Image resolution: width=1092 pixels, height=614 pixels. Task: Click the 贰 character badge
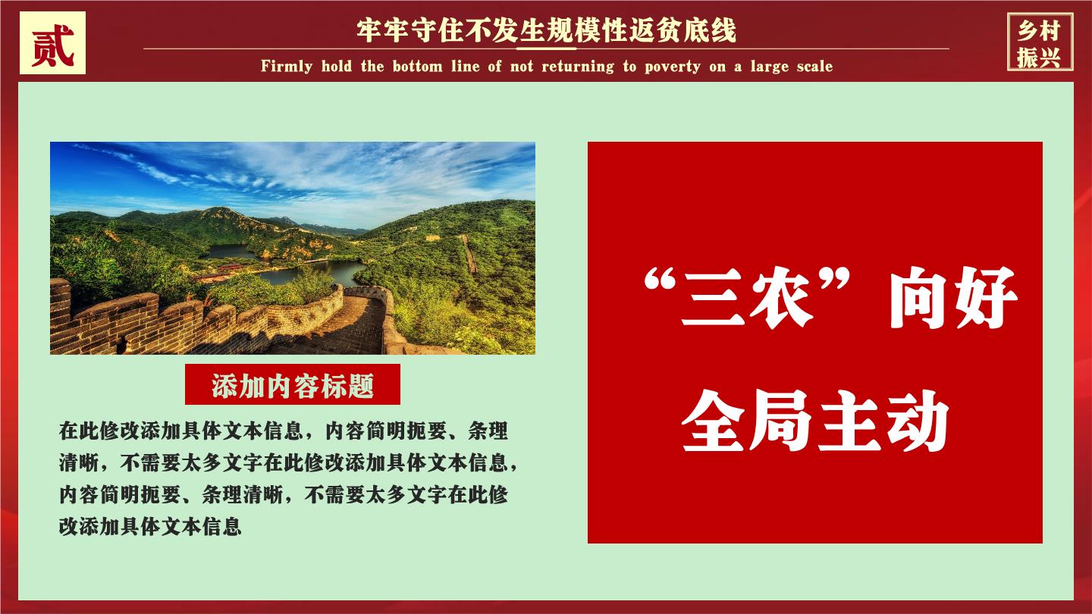coord(52,43)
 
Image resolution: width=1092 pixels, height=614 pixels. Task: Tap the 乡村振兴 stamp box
coord(1040,42)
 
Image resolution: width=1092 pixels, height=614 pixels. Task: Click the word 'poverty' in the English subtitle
coord(673,66)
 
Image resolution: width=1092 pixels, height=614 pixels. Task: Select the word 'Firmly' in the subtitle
coord(287,66)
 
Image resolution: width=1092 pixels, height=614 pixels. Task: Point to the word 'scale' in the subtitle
coord(814,66)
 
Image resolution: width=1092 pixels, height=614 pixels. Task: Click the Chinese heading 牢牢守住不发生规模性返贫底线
coord(546,30)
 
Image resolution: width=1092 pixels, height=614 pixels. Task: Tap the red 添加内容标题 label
coord(293,384)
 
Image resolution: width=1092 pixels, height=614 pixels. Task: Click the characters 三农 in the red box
coord(747,297)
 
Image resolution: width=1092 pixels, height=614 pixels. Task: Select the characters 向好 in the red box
coord(953,297)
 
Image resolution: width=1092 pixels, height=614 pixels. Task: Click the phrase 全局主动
coord(815,420)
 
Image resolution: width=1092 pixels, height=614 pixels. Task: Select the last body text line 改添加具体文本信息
coord(150,526)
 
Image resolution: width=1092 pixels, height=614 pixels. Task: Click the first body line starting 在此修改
coord(284,431)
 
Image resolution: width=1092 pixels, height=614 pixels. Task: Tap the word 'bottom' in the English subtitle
coord(418,66)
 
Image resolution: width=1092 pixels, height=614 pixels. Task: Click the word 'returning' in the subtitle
coord(578,66)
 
